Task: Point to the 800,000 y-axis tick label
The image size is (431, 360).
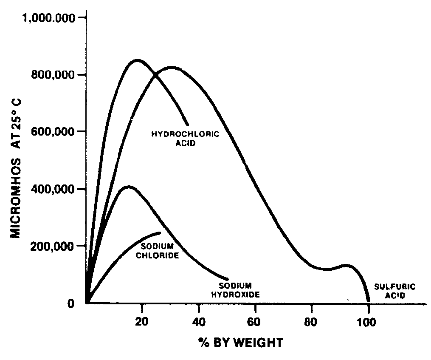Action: coord(55,75)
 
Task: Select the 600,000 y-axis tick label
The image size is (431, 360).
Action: coord(55,132)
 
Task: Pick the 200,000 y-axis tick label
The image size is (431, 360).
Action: coord(55,246)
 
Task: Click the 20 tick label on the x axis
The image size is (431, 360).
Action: coord(142,322)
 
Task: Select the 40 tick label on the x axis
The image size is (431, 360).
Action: coord(198,322)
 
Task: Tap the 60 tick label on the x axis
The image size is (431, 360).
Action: coord(255,322)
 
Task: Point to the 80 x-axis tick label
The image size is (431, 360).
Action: coord(312,322)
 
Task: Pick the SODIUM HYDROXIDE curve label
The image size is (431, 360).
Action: coord(239,289)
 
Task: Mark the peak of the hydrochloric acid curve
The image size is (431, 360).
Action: coord(137,60)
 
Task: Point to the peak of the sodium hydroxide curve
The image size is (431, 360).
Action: coord(129,187)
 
